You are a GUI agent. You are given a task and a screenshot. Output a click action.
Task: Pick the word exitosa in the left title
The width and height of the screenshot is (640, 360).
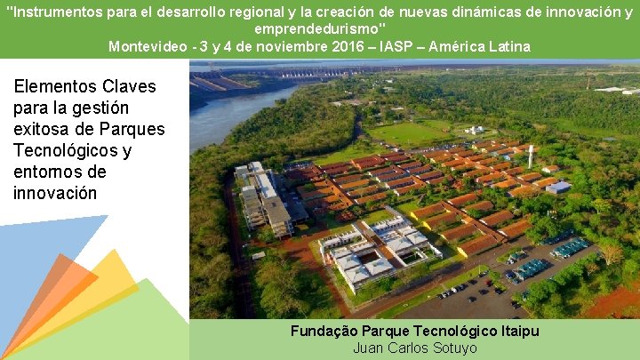42,130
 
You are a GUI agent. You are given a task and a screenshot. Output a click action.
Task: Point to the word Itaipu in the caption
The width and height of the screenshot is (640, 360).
517,332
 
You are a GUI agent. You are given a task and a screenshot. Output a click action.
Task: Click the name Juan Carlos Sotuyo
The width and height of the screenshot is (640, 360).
415,348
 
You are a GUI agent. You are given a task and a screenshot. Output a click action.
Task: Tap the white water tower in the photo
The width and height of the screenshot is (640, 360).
531,155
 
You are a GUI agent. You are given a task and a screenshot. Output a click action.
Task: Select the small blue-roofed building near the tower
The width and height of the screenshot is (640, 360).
557,187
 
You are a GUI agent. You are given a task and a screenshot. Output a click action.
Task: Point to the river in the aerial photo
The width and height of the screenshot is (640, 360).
227,111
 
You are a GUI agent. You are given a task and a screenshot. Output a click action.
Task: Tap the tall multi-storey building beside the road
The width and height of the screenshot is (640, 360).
267,200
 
